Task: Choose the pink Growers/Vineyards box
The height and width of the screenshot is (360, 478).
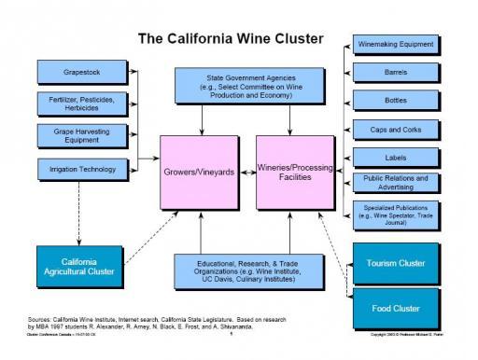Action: [x=200, y=173]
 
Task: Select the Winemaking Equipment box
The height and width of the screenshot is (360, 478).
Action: [x=395, y=44]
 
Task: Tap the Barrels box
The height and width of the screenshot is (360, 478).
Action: [x=395, y=72]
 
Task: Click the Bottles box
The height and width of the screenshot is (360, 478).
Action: [x=395, y=100]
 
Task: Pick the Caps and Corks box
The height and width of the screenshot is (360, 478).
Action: [x=395, y=129]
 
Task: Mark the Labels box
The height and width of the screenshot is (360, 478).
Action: [x=395, y=157]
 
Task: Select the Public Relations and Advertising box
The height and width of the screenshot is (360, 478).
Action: [x=395, y=182]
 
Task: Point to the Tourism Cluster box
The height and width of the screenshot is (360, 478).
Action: [x=395, y=263]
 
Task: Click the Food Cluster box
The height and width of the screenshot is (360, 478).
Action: [x=395, y=307]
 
